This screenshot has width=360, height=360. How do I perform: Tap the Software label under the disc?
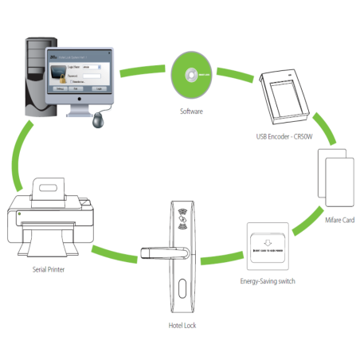192,112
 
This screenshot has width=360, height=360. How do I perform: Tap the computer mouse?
98,121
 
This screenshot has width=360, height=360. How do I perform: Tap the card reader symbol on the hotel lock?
182,217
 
